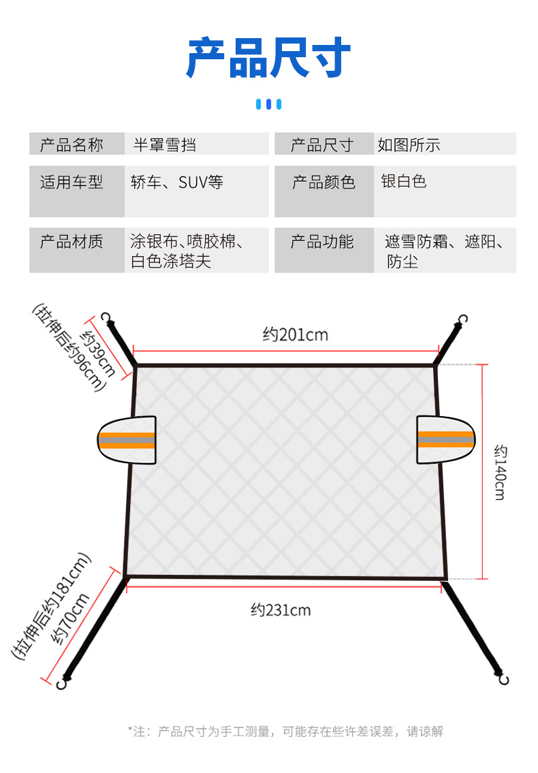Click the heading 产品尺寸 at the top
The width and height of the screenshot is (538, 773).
pos(268,59)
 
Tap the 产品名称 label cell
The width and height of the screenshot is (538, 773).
pos(72,144)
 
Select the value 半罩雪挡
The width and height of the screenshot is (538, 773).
pos(164,144)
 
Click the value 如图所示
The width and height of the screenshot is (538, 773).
pos(409,144)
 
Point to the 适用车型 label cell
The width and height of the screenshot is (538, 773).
pos(72,182)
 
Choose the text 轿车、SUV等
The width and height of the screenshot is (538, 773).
pos(177,182)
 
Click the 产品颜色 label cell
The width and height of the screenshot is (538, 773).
pos(323,182)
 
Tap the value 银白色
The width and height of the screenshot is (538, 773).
pos(403,181)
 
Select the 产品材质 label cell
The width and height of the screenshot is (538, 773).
pos(72,242)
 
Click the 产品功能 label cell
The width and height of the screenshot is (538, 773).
pos(322,242)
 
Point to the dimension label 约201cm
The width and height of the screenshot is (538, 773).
pos(295,334)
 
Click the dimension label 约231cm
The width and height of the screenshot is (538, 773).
pos(280,610)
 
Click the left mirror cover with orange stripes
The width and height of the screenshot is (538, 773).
pos(127,439)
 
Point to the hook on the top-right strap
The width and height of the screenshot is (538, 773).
pos(464,319)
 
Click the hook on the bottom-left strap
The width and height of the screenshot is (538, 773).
pos(62,682)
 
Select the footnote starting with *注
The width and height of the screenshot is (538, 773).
pos(285,731)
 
